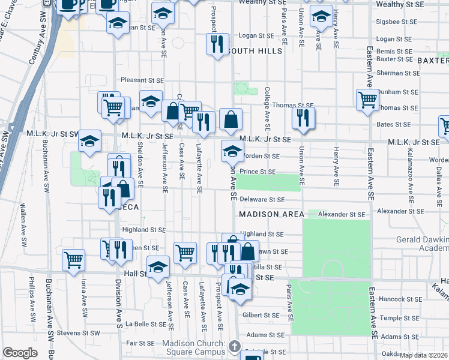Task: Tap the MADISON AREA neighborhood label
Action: (267, 214)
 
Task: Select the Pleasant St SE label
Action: (142, 80)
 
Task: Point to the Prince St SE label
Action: (258, 172)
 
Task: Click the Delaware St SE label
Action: (262, 199)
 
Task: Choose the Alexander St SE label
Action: (342, 214)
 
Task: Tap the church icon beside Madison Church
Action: (235, 346)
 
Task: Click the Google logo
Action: (20, 353)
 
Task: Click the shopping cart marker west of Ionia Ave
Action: (74, 260)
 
